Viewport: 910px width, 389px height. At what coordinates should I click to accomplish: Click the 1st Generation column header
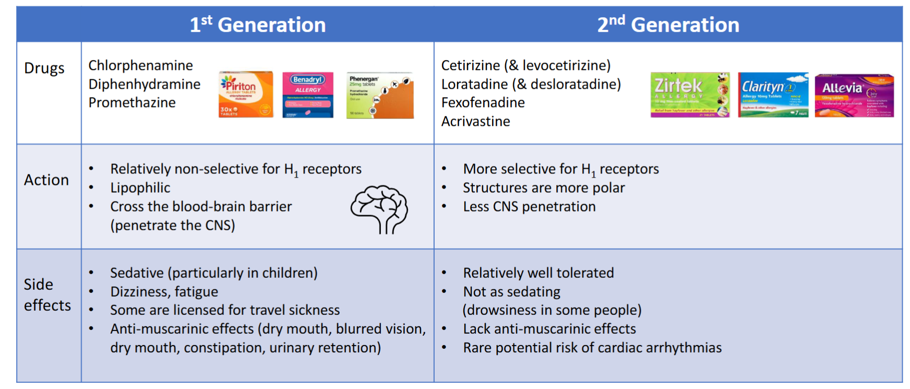[x=257, y=25]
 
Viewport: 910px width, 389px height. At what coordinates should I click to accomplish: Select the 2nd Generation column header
[x=668, y=25]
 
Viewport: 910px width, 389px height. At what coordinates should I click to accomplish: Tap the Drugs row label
[x=44, y=68]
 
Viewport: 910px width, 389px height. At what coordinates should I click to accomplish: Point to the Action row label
[x=46, y=180]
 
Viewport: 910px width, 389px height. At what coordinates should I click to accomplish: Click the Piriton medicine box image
[x=246, y=95]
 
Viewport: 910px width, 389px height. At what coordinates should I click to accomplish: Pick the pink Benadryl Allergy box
[x=308, y=95]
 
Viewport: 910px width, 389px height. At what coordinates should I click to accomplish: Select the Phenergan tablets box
[x=380, y=96]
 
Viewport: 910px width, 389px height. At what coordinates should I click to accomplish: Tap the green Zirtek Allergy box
[x=690, y=95]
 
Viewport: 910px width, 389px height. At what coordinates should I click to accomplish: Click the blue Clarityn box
[x=773, y=95]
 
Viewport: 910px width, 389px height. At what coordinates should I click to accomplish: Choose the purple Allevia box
[x=854, y=96]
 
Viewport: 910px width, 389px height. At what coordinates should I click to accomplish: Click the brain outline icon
[x=379, y=209]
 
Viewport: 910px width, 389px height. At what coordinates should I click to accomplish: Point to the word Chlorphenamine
[x=140, y=65]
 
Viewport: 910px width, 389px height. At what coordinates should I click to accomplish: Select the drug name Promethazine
[x=132, y=102]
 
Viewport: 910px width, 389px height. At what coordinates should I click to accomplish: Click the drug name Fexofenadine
[x=483, y=102]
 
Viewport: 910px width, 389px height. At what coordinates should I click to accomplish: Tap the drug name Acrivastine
[x=476, y=121]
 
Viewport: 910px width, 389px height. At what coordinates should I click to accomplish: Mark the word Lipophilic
[x=140, y=187]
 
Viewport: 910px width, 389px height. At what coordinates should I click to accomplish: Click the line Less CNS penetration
[x=529, y=206]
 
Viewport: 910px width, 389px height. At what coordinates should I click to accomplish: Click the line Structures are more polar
[x=544, y=187]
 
